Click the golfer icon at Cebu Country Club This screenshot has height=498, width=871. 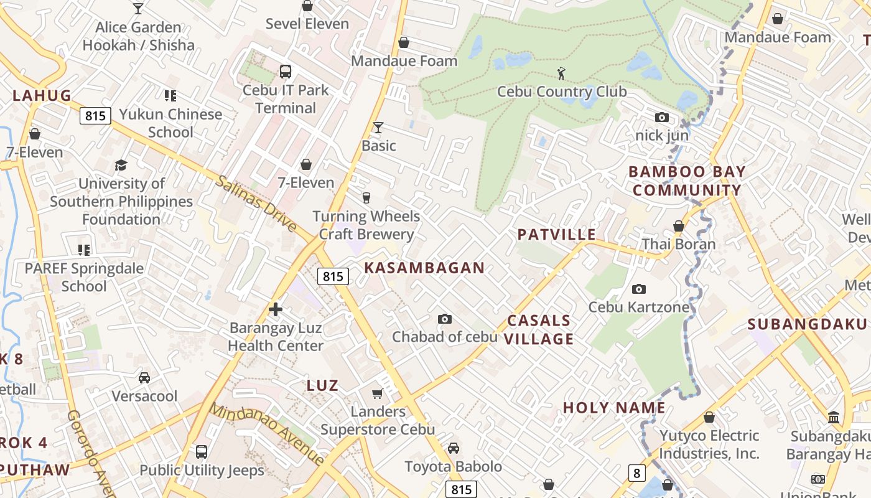561,73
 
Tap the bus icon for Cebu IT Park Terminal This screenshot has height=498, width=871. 286,72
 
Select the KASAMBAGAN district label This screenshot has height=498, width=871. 424,268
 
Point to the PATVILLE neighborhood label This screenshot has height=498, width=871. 556,235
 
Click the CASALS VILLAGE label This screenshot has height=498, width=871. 539,330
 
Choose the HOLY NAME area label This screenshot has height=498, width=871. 614,408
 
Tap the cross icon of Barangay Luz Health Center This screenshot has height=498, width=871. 276,309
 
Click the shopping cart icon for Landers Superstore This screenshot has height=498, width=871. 377,393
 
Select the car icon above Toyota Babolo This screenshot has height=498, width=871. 454,448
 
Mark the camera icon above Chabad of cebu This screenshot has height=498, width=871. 444,319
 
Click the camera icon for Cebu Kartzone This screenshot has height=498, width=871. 638,289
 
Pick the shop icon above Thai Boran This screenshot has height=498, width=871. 679,226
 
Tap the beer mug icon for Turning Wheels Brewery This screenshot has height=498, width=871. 366,198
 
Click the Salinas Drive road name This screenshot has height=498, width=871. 256,204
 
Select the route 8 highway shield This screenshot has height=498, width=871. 636,473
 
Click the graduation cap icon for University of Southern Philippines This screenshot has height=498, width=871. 121,166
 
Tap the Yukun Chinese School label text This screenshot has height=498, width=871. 170,123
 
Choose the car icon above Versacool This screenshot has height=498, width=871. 144,378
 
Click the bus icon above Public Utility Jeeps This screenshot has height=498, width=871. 202,452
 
